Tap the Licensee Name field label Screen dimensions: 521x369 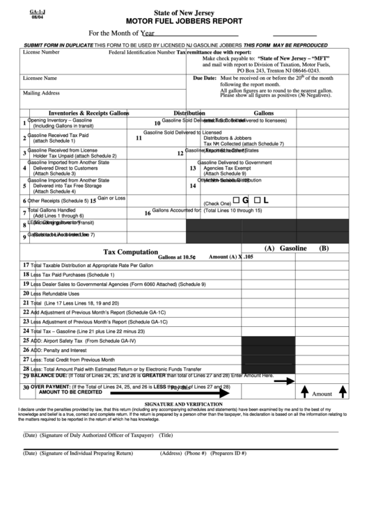(40, 78)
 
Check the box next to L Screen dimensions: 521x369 (257, 200)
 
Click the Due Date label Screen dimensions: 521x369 (205, 79)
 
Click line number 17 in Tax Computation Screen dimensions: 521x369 (26, 265)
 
